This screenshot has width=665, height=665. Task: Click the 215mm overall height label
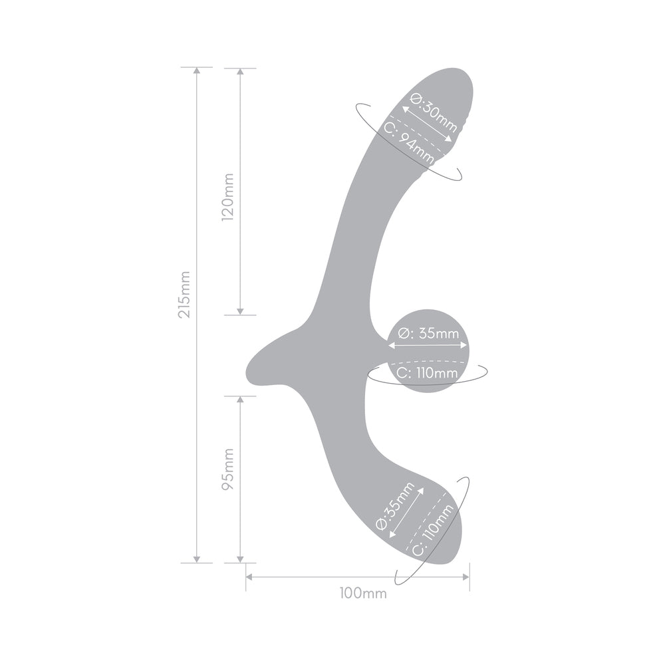[x=185, y=294]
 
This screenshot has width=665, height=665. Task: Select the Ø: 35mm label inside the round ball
[x=428, y=334]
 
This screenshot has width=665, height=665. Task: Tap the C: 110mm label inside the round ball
[x=427, y=373]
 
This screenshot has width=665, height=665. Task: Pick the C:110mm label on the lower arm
[x=433, y=530]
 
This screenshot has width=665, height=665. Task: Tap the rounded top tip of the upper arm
[x=459, y=72]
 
